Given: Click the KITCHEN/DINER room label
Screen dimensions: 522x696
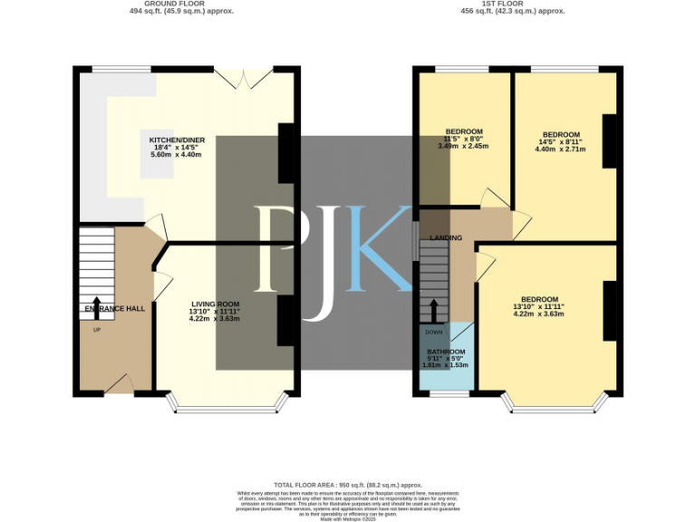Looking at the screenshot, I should click(178, 140).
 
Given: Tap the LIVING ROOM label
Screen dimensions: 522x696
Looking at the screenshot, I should click(215, 304).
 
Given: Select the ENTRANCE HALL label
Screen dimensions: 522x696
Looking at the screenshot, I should click(114, 309).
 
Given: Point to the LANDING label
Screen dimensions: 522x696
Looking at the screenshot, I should click(446, 238).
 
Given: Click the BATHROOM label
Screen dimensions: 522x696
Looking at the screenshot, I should click(446, 352).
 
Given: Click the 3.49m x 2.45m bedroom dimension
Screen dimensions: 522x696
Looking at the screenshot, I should click(463, 146).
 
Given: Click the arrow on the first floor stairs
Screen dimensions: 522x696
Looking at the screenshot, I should click(435, 311).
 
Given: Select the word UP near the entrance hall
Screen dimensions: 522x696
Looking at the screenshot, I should click(97, 329).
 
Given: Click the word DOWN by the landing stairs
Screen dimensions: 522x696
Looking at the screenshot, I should click(434, 332).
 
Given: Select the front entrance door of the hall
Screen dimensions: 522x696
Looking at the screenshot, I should click(120, 387).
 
